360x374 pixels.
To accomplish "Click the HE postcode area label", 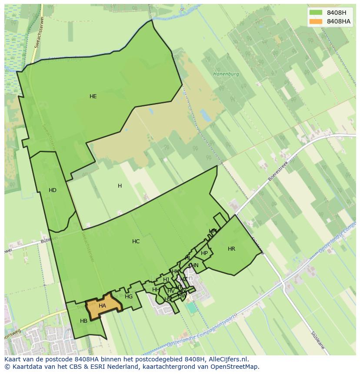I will [93, 96].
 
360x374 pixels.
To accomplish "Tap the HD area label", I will [53, 190].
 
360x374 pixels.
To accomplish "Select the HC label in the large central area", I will [136, 242].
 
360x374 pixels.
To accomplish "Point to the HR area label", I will [231, 249].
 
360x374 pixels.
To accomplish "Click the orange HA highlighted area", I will [103, 306].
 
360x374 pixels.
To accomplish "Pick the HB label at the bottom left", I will [84, 321].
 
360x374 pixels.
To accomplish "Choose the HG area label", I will [129, 297].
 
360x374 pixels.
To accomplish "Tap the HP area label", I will [204, 253].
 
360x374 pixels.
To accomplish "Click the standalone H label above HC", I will [120, 186].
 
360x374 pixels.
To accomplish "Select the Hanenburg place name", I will [226, 74].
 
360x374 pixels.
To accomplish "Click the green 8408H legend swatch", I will [316, 12].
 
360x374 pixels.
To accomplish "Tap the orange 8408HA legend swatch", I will [316, 21].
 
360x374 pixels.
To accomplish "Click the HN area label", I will [195, 265].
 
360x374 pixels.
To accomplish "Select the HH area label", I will [156, 290].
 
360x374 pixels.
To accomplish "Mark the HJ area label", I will [166, 280].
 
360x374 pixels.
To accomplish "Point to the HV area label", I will [171, 291].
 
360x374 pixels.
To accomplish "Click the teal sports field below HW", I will [192, 308].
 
